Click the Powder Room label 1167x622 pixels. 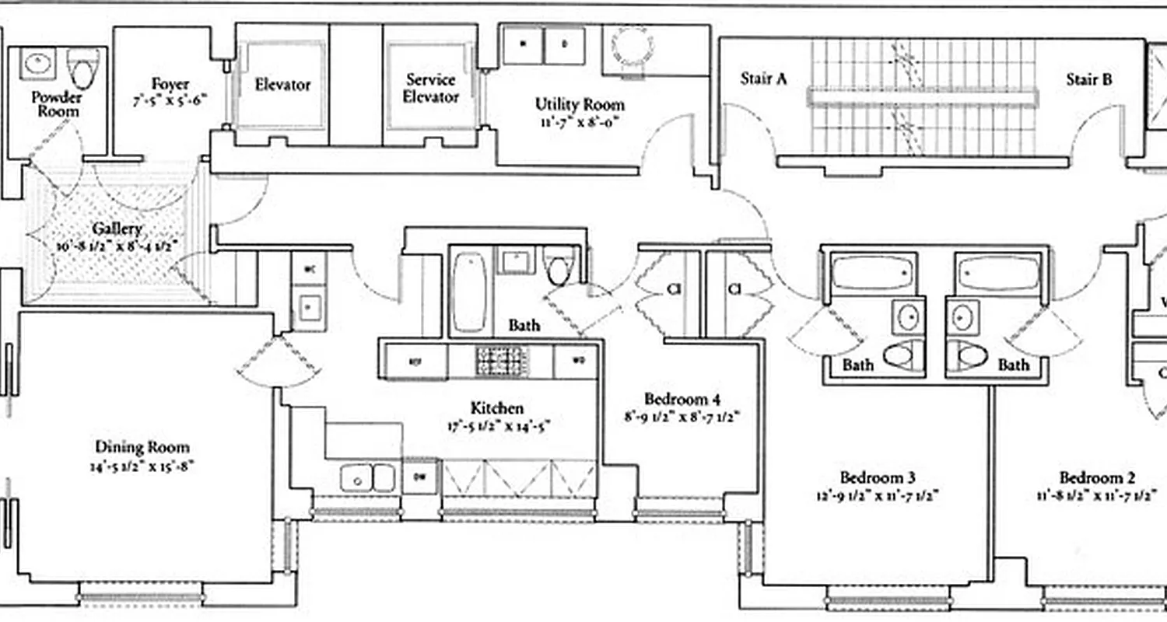point(56,104)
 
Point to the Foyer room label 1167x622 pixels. point(170,84)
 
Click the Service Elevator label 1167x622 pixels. point(431,89)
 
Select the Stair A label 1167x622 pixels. point(763,79)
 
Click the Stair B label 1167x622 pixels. point(1088,79)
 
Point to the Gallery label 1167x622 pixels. point(117,229)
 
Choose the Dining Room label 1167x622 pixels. point(142,447)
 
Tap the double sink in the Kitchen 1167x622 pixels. point(367,477)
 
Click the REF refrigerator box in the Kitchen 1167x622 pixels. point(414,362)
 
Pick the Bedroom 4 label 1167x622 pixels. point(682,400)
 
